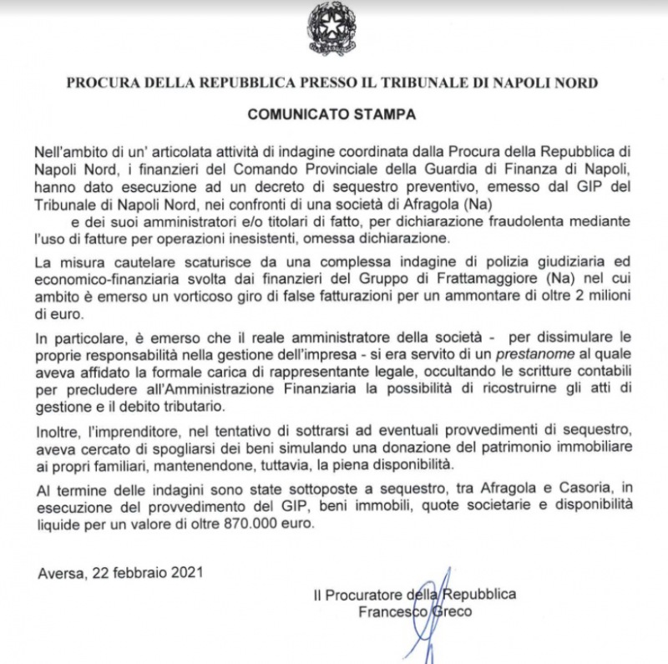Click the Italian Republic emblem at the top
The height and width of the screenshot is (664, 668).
tap(333, 29)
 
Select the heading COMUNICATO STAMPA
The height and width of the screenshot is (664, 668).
tap(333, 110)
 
